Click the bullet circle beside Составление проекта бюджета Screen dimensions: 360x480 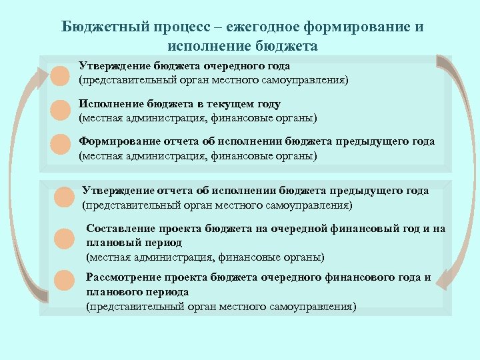point(63,238)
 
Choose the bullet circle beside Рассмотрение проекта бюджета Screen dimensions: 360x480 point(63,280)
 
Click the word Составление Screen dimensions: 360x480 point(120,229)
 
